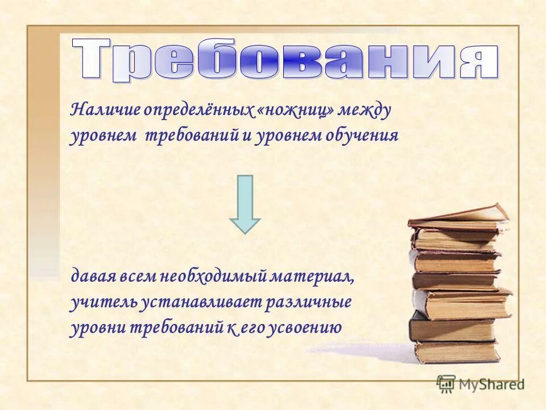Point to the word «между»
[365, 110]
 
